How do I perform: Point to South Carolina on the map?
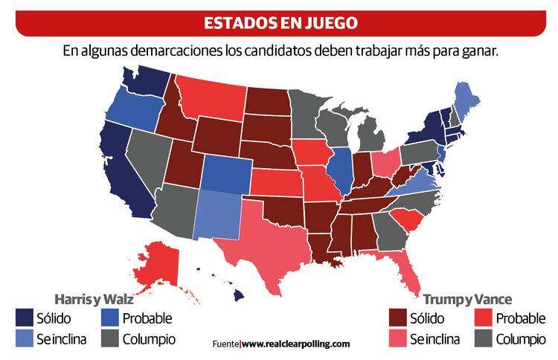tap(406, 219)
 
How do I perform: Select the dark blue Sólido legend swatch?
tap(24, 318)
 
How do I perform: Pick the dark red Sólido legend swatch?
tap(399, 318)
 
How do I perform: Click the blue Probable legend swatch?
tap(109, 318)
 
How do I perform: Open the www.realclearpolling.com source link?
tap(295, 344)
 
